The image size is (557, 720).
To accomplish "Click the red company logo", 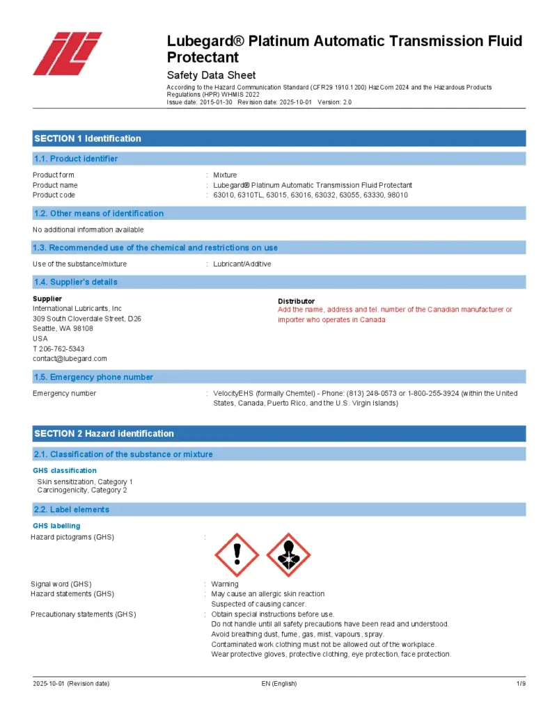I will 67,54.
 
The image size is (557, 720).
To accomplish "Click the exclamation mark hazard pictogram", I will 237,554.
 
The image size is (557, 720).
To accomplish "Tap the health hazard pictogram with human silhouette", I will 288,554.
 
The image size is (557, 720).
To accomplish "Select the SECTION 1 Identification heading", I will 88,138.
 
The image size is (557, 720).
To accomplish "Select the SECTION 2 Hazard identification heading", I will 104,433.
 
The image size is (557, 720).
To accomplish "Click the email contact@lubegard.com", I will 70,358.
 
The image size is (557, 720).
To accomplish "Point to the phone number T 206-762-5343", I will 58,349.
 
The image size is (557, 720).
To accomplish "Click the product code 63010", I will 223,195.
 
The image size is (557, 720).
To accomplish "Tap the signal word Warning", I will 224,584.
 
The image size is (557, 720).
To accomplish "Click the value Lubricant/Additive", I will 242,264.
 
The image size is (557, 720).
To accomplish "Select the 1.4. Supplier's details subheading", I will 76,282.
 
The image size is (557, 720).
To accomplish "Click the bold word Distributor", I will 296,301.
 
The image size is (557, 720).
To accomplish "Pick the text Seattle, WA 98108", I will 63,328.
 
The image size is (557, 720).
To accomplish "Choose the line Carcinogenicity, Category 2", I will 82,490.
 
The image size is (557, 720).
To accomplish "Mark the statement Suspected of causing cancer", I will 258,604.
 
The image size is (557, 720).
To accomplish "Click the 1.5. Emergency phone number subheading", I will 93,377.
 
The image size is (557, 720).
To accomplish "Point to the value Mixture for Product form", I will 225,175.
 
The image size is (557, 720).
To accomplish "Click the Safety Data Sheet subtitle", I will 211,75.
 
